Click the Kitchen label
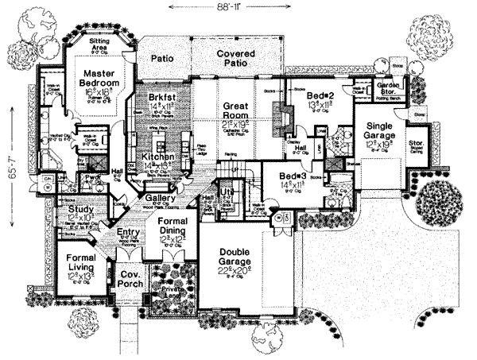[x=160, y=158]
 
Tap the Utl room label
[x=226, y=192]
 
